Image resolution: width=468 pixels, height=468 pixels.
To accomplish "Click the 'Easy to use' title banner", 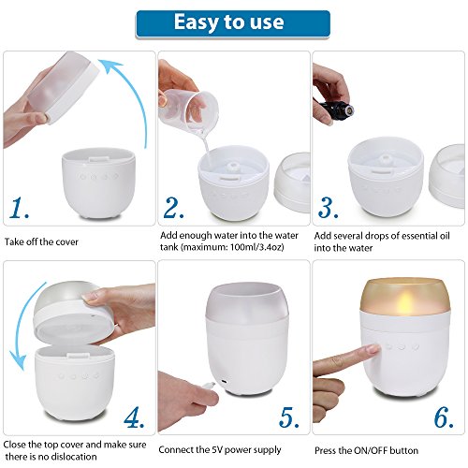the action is [233, 24].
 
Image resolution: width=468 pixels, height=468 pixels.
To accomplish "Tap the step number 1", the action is [19, 208].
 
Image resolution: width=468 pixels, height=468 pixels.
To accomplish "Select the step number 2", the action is [173, 208].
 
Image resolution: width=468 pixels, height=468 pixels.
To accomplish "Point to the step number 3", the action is [328, 208].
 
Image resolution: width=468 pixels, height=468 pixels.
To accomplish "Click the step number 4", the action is [134, 417].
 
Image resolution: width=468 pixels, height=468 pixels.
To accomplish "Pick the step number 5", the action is [289, 417].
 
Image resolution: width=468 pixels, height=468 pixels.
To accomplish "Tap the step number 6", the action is [444, 417].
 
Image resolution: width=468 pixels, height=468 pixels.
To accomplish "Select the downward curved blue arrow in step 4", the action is [22, 328].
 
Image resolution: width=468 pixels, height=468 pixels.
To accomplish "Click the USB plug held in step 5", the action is [208, 386].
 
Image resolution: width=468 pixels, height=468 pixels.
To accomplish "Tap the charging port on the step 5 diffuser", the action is [224, 382].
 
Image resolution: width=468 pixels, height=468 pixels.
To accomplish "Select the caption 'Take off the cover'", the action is [41, 241].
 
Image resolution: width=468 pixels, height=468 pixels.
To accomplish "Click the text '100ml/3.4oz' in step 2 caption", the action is [257, 248].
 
